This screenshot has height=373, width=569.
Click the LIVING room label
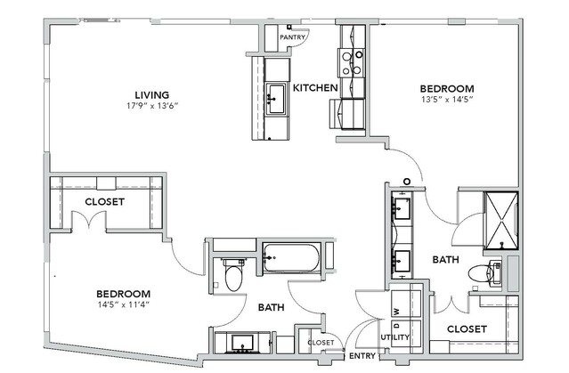[x=152, y=95]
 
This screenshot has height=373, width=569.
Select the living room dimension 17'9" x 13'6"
[x=152, y=106]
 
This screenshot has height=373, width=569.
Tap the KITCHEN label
[x=315, y=88]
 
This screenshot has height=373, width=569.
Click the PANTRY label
[x=292, y=37]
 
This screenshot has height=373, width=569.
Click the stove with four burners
[x=352, y=63]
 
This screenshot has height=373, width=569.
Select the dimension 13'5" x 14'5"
[x=447, y=100]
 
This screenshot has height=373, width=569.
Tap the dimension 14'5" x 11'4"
[x=124, y=304]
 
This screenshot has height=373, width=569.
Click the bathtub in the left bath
[x=291, y=258]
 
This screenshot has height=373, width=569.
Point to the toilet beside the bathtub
[x=233, y=275]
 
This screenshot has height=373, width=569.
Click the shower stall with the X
[x=501, y=221]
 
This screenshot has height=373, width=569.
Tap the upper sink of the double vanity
[x=402, y=208]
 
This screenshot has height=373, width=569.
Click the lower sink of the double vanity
[x=402, y=261]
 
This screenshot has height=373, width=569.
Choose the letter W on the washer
[x=396, y=312]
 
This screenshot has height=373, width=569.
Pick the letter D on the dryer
[x=396, y=326]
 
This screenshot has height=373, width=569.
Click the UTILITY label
[x=395, y=337]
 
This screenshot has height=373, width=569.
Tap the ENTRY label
[x=362, y=356]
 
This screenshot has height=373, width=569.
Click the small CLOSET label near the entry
[x=321, y=343]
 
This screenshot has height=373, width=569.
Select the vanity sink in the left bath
[x=242, y=343]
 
